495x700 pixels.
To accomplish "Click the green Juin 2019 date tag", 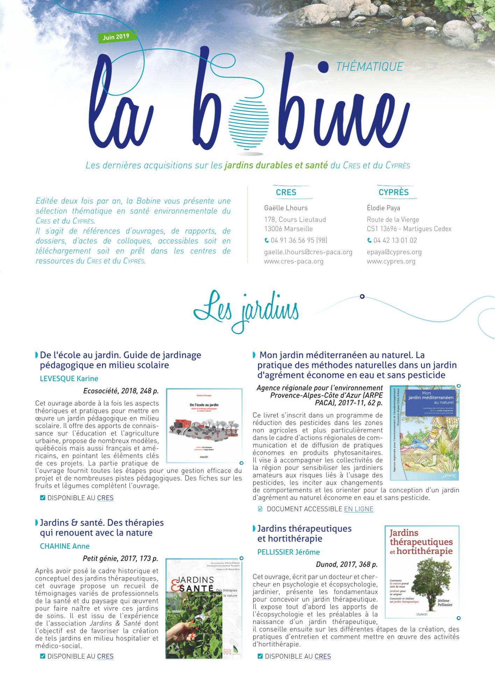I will (116, 37).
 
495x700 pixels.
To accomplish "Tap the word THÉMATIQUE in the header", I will (369, 66).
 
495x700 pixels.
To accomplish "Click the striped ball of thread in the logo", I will (249, 122).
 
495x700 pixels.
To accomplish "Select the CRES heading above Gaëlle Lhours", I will (286, 192).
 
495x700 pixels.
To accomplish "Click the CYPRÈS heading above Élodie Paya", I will (394, 192).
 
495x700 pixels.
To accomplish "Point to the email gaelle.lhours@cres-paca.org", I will (308, 252).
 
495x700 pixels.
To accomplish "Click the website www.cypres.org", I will (391, 261).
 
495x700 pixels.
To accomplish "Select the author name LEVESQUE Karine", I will (69, 378).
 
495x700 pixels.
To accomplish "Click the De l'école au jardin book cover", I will (204, 426).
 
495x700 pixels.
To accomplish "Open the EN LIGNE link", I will (359, 509).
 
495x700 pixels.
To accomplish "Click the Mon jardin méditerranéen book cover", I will (424, 433).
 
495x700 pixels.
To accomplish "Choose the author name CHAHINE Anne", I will (65, 546).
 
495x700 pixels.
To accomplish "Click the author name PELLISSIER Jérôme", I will (289, 552).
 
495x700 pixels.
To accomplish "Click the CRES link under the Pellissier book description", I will (323, 657).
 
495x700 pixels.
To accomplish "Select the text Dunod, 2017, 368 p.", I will (347, 564).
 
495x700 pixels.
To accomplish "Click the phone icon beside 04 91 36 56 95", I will (267, 240).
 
